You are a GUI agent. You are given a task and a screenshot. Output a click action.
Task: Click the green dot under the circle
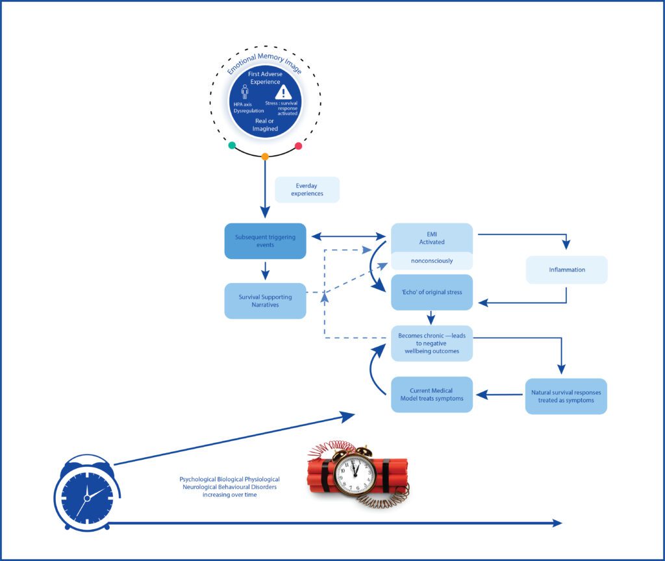point(232,145)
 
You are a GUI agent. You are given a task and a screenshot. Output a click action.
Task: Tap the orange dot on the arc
point(265,156)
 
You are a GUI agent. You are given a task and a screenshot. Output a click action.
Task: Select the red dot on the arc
point(299,146)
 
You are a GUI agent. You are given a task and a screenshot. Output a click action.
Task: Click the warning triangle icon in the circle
point(283,92)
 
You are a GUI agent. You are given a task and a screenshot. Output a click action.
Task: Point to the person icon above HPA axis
point(245,92)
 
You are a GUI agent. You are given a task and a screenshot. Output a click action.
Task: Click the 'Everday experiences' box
point(307,190)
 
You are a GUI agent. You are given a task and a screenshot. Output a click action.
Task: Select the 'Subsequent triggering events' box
point(265,241)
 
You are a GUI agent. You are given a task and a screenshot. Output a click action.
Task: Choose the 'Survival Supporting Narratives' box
point(265,301)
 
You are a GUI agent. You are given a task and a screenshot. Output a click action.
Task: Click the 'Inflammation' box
point(566,269)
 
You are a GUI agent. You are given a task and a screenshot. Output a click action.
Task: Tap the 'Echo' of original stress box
point(431,292)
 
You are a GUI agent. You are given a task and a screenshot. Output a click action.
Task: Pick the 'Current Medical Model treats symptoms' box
point(431,394)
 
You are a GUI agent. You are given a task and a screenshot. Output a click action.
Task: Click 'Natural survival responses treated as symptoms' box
point(566,396)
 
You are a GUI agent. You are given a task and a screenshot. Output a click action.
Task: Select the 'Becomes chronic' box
point(431,343)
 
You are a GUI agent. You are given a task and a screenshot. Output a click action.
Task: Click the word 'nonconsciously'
point(431,260)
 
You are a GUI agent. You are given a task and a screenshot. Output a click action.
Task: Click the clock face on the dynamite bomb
point(354,476)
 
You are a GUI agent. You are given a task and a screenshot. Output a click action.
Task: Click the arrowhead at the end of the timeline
point(557,523)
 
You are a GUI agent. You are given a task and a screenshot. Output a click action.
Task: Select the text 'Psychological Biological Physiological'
point(229,479)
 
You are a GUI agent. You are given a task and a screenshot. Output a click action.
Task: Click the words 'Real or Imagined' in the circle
point(265,125)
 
